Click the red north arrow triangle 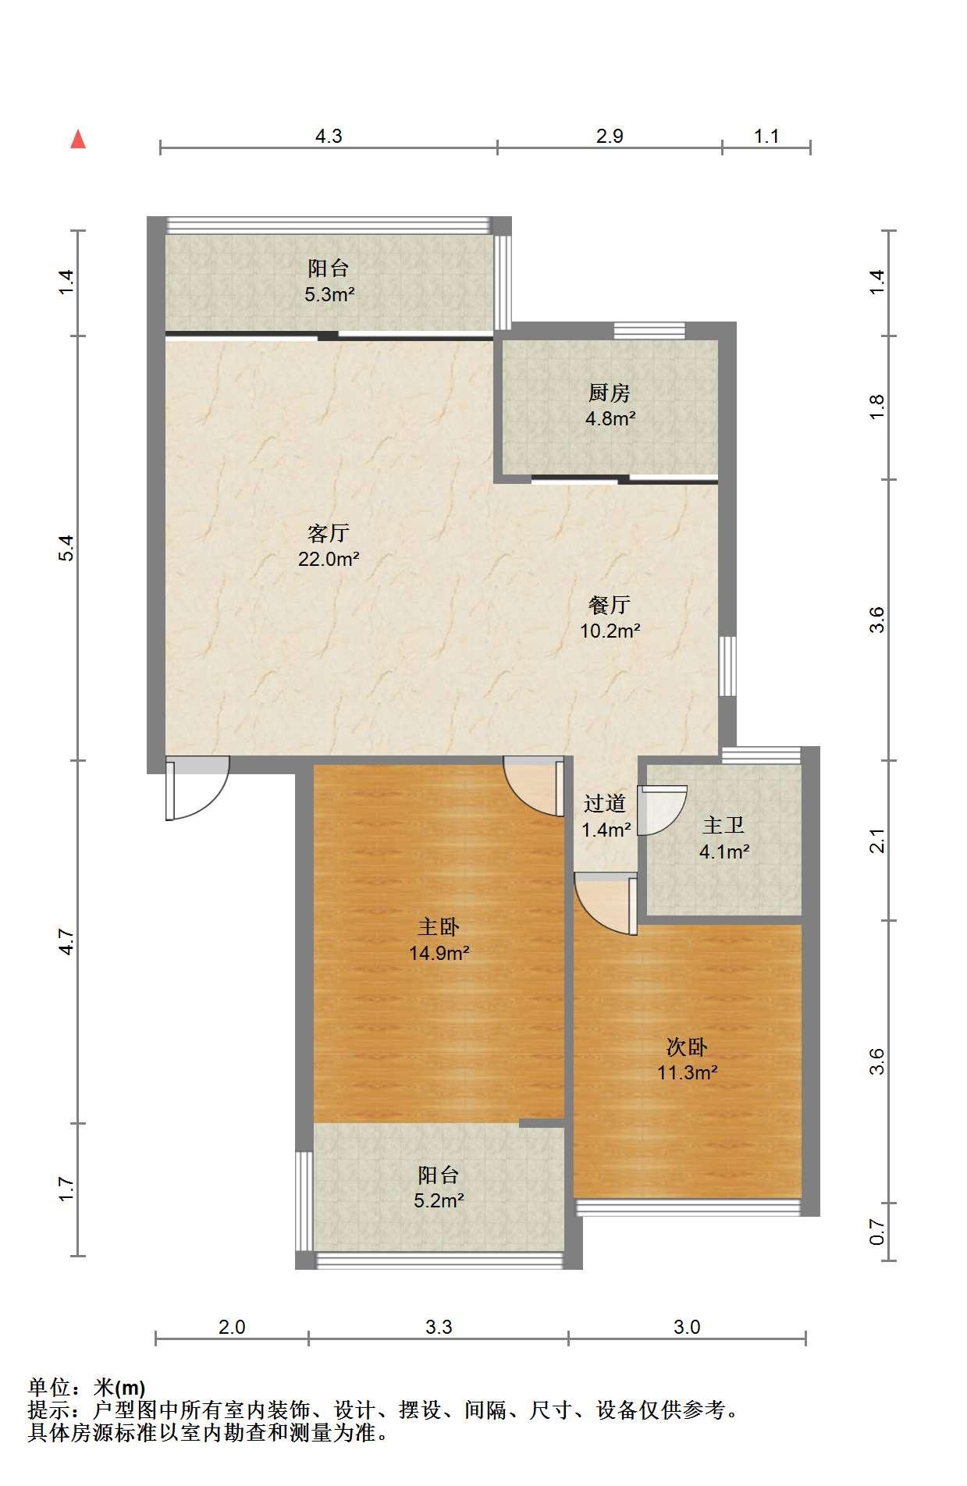point(78,140)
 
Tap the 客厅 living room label point(328,534)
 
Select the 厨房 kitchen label point(610,393)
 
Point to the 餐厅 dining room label point(610,605)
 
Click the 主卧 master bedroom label point(439,927)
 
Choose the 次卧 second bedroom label point(687,1047)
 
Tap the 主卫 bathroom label point(723,825)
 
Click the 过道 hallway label point(605,803)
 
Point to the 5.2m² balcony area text point(439,1200)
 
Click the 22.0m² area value point(329,559)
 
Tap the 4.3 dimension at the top point(329,137)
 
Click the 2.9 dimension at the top point(610,137)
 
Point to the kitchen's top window point(649,331)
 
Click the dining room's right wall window point(727,666)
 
